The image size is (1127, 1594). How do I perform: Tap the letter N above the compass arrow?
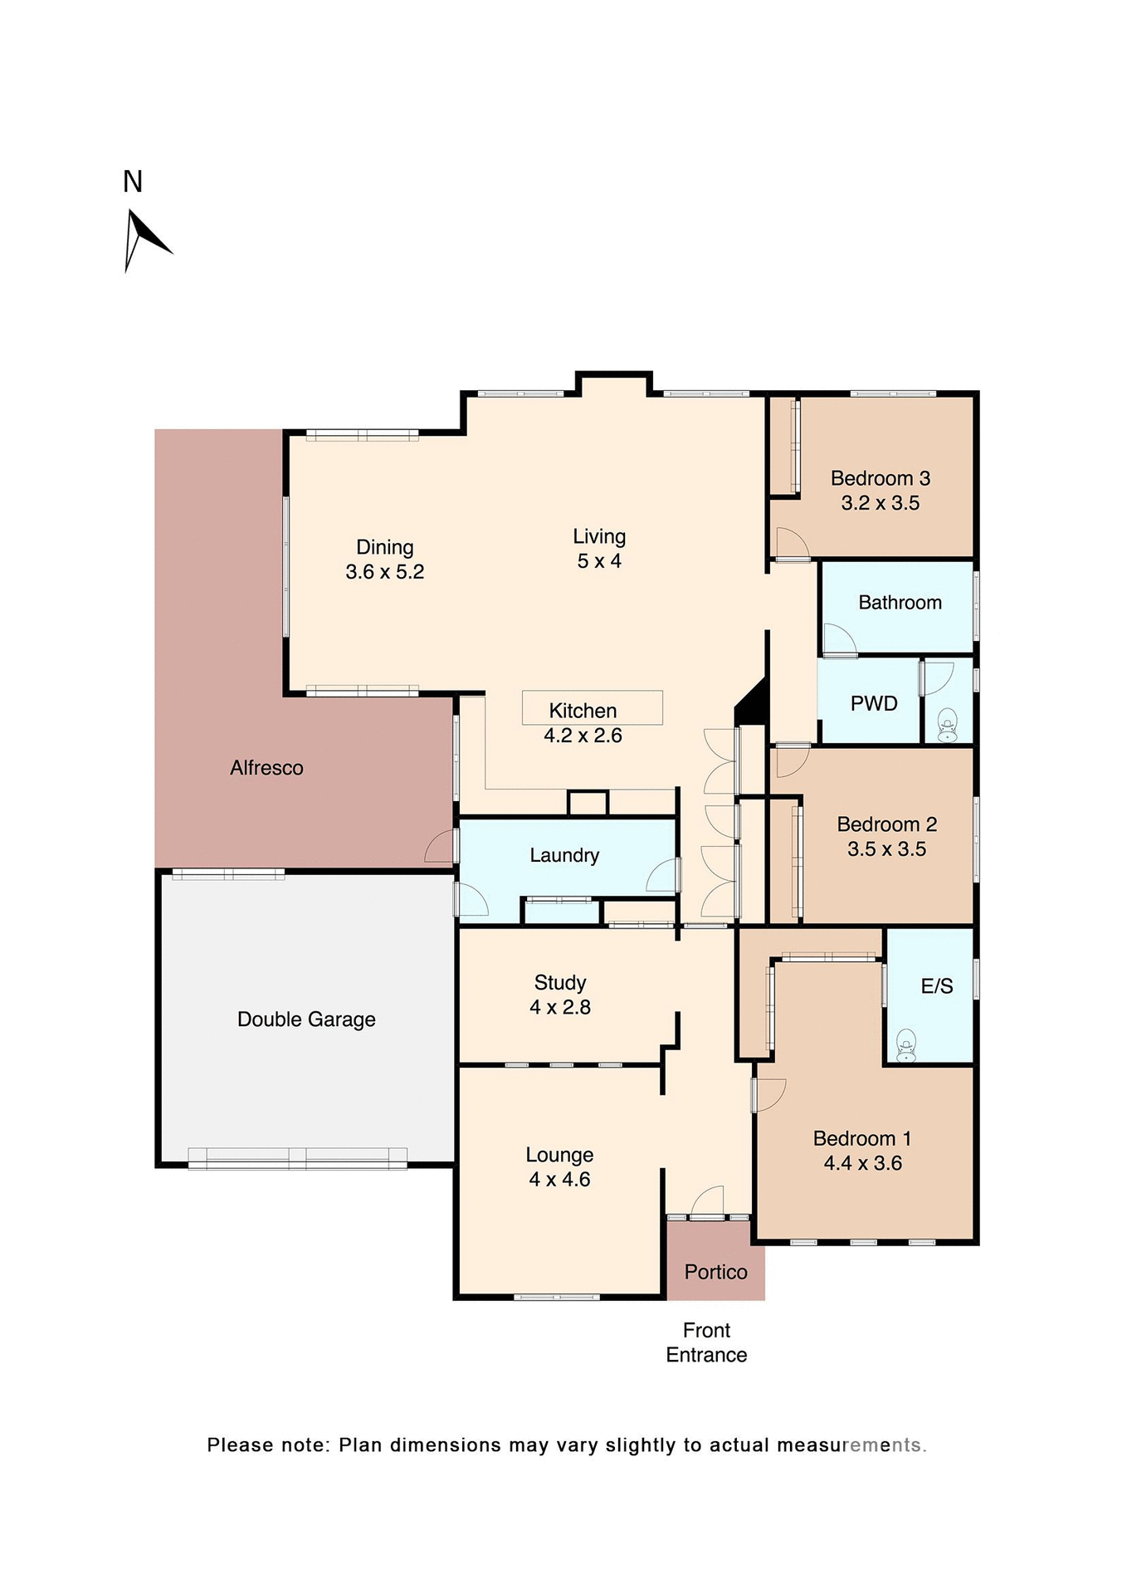[x=133, y=182]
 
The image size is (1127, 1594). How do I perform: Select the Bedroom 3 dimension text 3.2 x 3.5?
[x=880, y=503]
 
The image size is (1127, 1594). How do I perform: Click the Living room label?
[x=598, y=536]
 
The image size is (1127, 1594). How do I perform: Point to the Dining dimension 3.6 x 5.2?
[x=384, y=572]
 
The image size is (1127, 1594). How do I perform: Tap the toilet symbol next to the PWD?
[x=947, y=726]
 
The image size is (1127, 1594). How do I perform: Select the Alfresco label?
[x=266, y=768]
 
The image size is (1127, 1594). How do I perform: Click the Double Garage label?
[x=306, y=1019]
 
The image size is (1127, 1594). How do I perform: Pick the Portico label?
[x=715, y=1272]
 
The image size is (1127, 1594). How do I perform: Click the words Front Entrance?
[x=706, y=1342]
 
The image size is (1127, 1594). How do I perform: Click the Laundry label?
[x=564, y=855]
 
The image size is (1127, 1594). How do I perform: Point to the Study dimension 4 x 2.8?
[x=560, y=1007]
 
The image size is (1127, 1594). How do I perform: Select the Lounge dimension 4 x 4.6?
[x=559, y=1180]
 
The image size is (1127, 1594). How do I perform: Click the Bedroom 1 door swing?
[x=769, y=1094]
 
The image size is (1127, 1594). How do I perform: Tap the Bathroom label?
[x=900, y=603]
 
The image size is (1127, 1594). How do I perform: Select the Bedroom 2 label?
[x=886, y=824]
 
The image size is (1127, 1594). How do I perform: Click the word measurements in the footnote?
[x=851, y=1445]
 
